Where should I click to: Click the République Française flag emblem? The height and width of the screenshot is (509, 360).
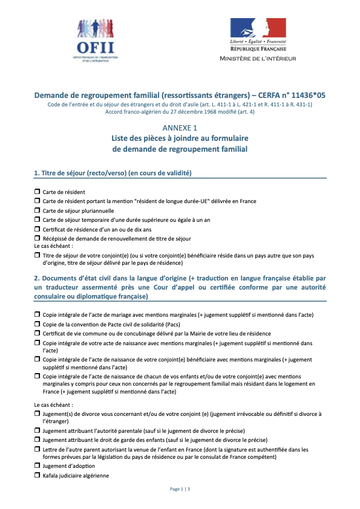pos(258,28)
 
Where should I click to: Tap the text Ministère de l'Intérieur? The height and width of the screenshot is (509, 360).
pos(258,58)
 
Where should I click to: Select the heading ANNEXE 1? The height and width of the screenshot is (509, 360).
pos(180,128)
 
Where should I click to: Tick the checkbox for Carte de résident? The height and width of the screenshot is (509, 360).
pos(37,191)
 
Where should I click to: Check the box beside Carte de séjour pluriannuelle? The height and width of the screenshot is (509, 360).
pos(37,210)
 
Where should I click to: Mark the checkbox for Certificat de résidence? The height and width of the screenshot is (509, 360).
pos(37,229)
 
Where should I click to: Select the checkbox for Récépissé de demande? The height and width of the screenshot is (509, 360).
pos(37,238)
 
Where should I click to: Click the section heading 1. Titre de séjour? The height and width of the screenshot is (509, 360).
pos(113,173)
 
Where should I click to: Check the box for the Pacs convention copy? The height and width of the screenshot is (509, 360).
pos(37,324)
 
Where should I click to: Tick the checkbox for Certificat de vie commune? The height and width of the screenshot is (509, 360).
pos(37,333)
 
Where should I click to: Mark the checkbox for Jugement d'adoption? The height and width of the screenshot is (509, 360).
pos(37,465)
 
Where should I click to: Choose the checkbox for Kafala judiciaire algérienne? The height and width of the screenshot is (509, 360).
pos(37,475)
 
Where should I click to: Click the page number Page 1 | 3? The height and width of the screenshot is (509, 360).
pos(180,488)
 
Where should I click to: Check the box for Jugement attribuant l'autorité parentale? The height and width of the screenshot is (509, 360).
pos(37,430)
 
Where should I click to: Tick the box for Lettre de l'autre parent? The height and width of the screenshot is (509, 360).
pos(37,449)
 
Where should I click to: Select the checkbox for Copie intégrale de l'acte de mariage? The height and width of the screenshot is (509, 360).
pos(37,314)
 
